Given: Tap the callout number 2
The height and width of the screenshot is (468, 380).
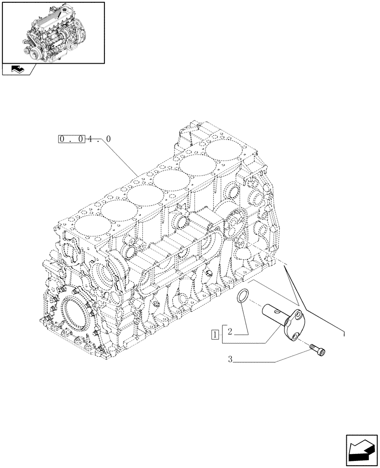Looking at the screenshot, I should coord(230,333).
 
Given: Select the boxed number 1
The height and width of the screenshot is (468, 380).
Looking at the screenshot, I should coord(214,334).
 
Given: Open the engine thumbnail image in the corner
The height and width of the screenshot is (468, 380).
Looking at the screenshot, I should coord(53,32).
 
